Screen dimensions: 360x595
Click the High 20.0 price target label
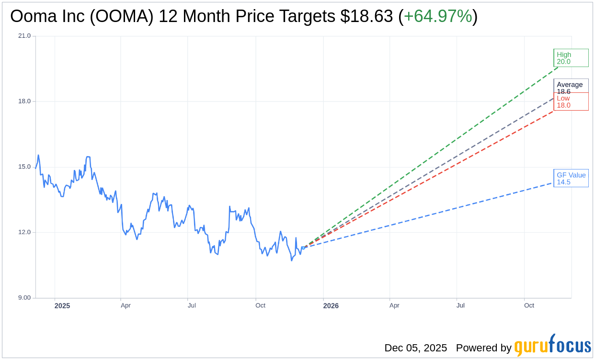[571, 58]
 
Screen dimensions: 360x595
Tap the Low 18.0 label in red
[571, 101]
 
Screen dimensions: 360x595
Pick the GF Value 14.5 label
[571, 178]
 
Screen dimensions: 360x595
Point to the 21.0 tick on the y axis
[24, 36]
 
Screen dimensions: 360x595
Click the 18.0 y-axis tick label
[24, 101]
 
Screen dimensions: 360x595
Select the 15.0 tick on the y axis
[24, 167]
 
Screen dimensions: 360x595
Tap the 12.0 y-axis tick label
[24, 233]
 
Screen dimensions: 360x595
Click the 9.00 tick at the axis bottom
[24, 298]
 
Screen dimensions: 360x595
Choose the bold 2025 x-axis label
[62, 306]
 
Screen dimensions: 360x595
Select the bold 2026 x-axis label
[331, 306]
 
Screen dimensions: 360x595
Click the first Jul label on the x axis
[192, 305]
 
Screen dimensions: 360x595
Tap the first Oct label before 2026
[260, 305]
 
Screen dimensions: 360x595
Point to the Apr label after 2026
[394, 305]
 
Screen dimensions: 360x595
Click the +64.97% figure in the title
[438, 16]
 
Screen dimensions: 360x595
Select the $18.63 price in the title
[367, 16]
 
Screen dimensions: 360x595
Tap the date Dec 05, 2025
[415, 348]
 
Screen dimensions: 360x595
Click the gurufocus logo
[552, 346]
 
